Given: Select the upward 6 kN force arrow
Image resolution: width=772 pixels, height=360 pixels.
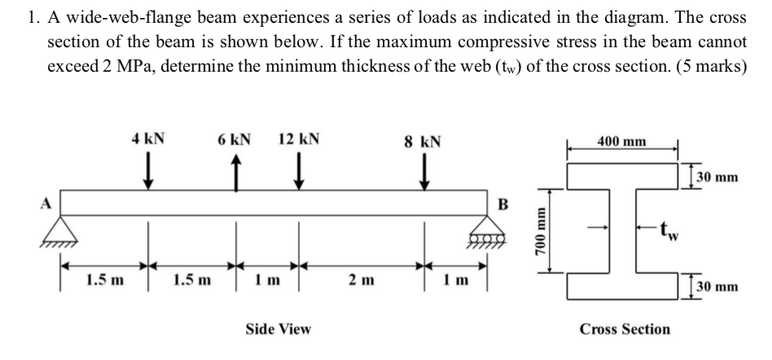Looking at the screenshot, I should click(236, 171).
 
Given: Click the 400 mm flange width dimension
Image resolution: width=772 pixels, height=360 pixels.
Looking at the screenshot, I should click(623, 142).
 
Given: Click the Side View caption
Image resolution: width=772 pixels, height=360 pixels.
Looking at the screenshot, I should click(278, 329).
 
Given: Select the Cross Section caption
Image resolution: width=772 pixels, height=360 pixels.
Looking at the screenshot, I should click(625, 329).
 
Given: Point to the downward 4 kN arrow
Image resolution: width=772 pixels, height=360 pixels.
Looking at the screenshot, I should click(148, 171).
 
